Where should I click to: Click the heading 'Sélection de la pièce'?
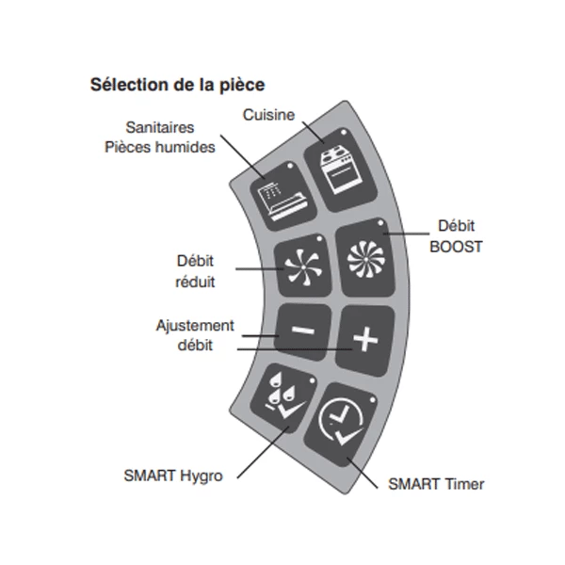point(177,85)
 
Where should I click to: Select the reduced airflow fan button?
point(299,265)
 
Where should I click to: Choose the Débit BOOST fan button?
point(361,256)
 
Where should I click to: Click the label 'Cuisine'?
point(268,115)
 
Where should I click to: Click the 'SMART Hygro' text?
point(173,476)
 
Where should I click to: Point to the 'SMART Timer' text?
point(436,484)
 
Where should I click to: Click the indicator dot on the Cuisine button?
point(345,131)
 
